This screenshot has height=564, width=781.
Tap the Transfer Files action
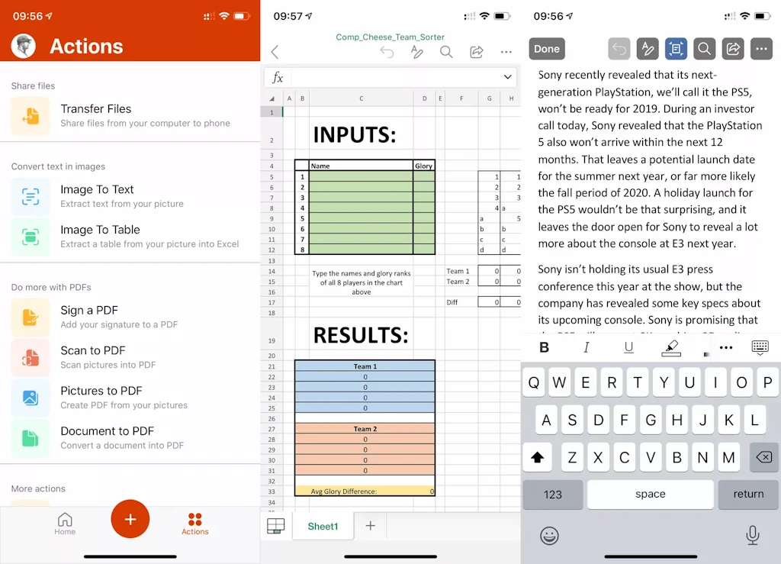pyautogui.click(x=96, y=109)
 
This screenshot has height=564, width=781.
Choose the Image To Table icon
pyautogui.click(x=31, y=237)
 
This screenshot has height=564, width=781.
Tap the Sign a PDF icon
pyautogui.click(x=31, y=317)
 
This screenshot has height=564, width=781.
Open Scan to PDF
pyautogui.click(x=93, y=351)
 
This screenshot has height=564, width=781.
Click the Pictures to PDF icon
pyautogui.click(x=31, y=398)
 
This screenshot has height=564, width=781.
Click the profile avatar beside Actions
pyautogui.click(x=24, y=46)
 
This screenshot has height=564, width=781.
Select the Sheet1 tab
pyautogui.click(x=323, y=527)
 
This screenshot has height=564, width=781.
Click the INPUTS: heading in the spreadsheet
pyautogui.click(x=355, y=136)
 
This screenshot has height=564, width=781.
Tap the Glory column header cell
pyautogui.click(x=423, y=166)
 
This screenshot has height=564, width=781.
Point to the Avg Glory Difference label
pyautogui.click(x=343, y=491)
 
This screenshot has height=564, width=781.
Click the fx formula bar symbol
pyautogui.click(x=278, y=78)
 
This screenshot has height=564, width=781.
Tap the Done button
pyautogui.click(x=547, y=49)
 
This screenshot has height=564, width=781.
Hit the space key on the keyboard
pyautogui.click(x=650, y=495)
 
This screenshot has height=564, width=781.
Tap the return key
pyautogui.click(x=748, y=495)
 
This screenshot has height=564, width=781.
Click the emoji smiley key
pyautogui.click(x=549, y=536)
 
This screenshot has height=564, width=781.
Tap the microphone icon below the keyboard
pyautogui.click(x=753, y=536)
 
